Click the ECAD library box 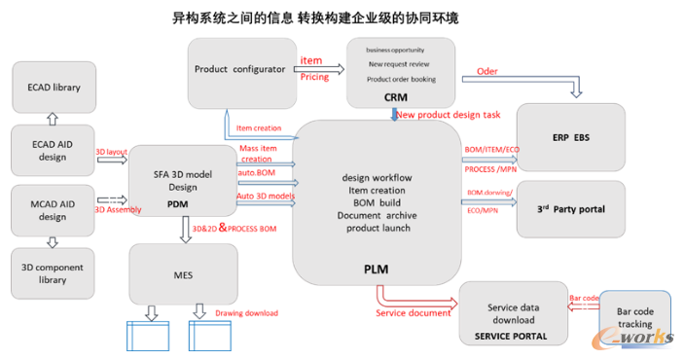point(54,88)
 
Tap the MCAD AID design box point(54,209)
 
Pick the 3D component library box point(54,273)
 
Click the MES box point(183,275)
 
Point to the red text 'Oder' point(486,71)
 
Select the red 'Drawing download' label point(246,312)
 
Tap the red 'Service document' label point(413,312)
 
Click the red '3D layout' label point(112,153)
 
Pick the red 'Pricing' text point(313,76)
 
